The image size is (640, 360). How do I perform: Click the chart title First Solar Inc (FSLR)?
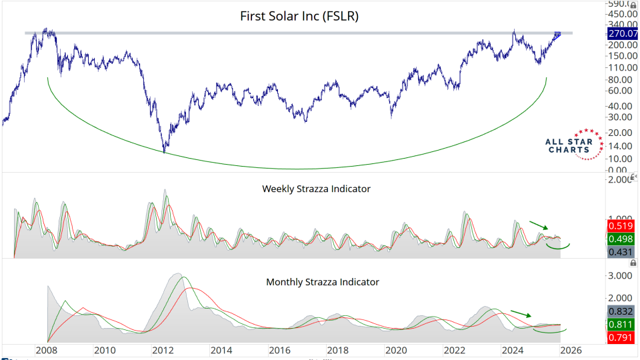point(299,16)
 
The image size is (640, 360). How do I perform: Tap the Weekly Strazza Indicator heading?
point(316,189)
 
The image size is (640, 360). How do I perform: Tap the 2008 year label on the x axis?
point(45,351)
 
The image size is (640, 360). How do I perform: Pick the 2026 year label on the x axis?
point(571,351)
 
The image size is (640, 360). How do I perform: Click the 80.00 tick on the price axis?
point(621,80)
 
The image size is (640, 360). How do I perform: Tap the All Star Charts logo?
point(569,145)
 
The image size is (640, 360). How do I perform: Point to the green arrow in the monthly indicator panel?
point(521,313)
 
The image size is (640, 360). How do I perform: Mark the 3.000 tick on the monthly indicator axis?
point(621,275)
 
